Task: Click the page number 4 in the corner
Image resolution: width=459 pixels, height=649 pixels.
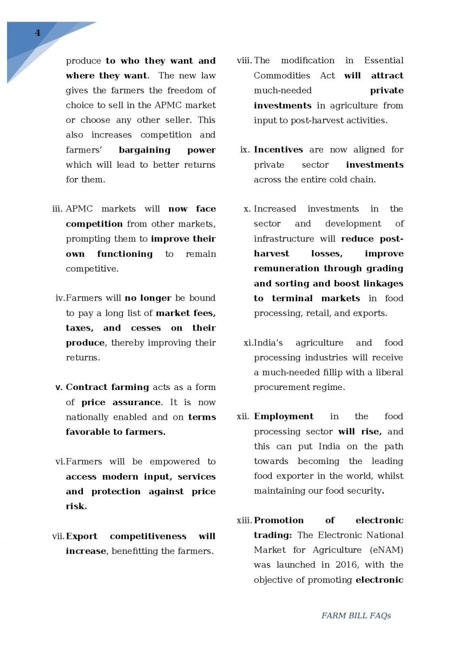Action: point(37,33)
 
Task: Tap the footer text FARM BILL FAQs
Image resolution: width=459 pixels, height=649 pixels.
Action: point(356,615)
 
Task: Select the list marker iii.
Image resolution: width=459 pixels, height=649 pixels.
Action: point(58,209)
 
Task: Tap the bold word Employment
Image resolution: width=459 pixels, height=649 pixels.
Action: point(284,416)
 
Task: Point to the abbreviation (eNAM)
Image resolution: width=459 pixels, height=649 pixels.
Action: point(385,550)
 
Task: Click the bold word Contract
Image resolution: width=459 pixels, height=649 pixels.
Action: point(87,387)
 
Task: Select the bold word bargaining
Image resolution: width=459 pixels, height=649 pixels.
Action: point(145,150)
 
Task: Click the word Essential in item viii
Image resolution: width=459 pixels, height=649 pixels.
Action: point(383,61)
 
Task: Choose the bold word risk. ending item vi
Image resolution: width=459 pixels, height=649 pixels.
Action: point(76,506)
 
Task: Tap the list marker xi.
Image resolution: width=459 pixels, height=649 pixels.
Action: point(248,343)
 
